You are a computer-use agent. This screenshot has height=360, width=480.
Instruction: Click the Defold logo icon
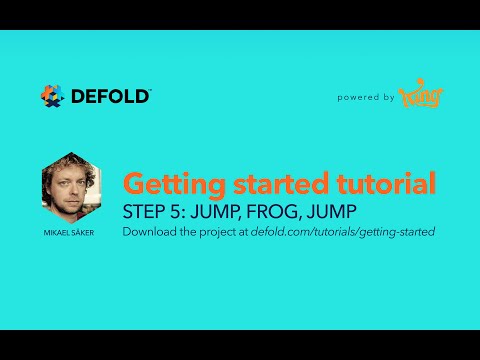point(52,96)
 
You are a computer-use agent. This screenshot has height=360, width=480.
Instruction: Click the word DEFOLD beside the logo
point(110,96)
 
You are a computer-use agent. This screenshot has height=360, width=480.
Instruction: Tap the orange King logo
point(421,97)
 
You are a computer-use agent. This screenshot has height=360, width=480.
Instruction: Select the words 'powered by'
point(366,98)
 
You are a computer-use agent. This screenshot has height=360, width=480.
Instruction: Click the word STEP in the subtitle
point(143,212)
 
